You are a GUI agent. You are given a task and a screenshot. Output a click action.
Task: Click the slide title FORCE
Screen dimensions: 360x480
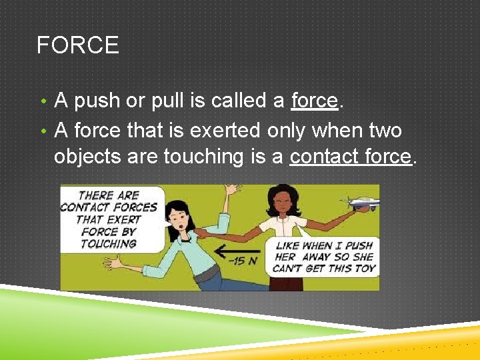77,45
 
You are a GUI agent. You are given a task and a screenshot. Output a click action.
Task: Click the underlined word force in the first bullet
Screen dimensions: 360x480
315,101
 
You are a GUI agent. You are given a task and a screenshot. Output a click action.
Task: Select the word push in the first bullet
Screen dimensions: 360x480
97,101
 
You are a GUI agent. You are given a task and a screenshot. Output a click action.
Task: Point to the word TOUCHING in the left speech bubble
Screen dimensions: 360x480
109,244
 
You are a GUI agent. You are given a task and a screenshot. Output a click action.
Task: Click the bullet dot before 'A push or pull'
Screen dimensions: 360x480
43,102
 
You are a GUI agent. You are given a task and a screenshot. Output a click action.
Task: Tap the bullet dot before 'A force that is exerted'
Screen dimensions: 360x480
43,130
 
